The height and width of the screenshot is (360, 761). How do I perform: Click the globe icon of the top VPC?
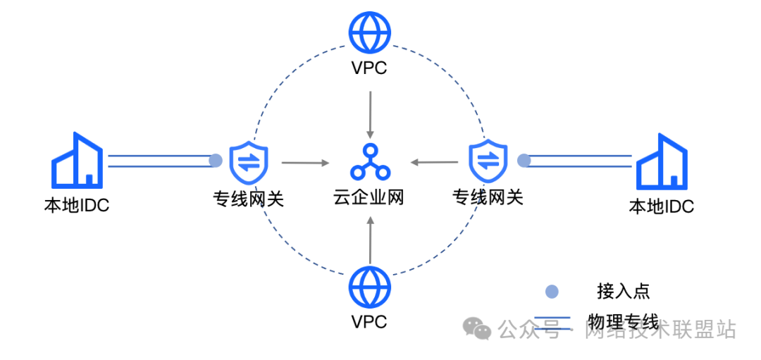(369, 31)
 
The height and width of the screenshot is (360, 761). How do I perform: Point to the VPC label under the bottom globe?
(369, 322)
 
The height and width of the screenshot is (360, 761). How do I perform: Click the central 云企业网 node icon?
(369, 161)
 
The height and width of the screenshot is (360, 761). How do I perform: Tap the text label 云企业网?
(369, 197)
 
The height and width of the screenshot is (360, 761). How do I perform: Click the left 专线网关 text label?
(249, 198)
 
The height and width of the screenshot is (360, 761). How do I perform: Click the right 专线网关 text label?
(488, 197)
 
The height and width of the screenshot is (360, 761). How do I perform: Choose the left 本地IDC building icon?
(78, 160)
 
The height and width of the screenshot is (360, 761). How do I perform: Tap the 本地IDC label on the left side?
(77, 206)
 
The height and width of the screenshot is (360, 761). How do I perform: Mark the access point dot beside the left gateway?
(216, 161)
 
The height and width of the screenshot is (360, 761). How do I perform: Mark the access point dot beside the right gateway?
(524, 161)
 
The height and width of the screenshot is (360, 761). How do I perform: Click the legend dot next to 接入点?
(552, 291)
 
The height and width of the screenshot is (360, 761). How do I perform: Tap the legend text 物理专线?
(623, 323)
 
